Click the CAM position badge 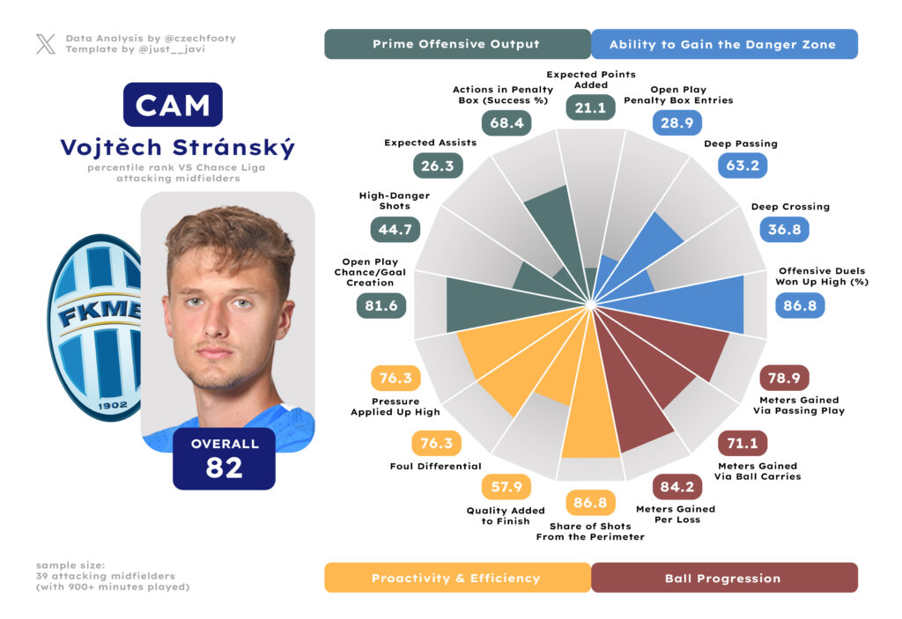(x=173, y=105)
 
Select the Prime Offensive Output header (x=456, y=44)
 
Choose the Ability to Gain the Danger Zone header (x=723, y=44)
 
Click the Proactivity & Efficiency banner (x=456, y=578)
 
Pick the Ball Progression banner (x=723, y=578)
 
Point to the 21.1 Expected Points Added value (x=590, y=107)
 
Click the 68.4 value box (x=506, y=122)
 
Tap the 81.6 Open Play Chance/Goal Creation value (x=381, y=306)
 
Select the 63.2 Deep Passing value (x=742, y=165)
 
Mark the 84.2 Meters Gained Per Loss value (x=677, y=487)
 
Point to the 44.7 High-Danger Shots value (x=395, y=230)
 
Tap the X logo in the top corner (x=46, y=44)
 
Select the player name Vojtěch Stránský (x=178, y=148)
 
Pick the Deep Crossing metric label (x=790, y=207)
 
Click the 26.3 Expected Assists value (x=438, y=165)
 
